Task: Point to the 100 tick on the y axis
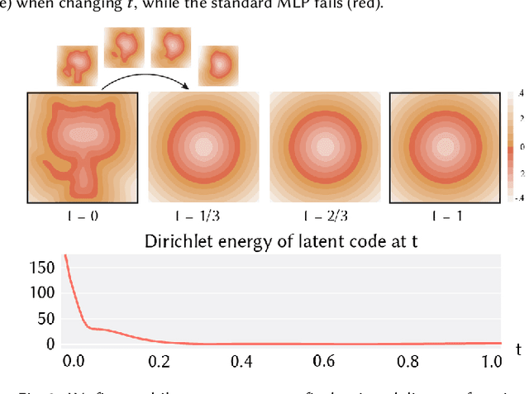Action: (x=42, y=293)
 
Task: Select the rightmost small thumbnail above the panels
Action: (x=219, y=61)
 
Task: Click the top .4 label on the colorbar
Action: (x=519, y=94)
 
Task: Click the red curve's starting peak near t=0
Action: (x=64, y=257)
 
